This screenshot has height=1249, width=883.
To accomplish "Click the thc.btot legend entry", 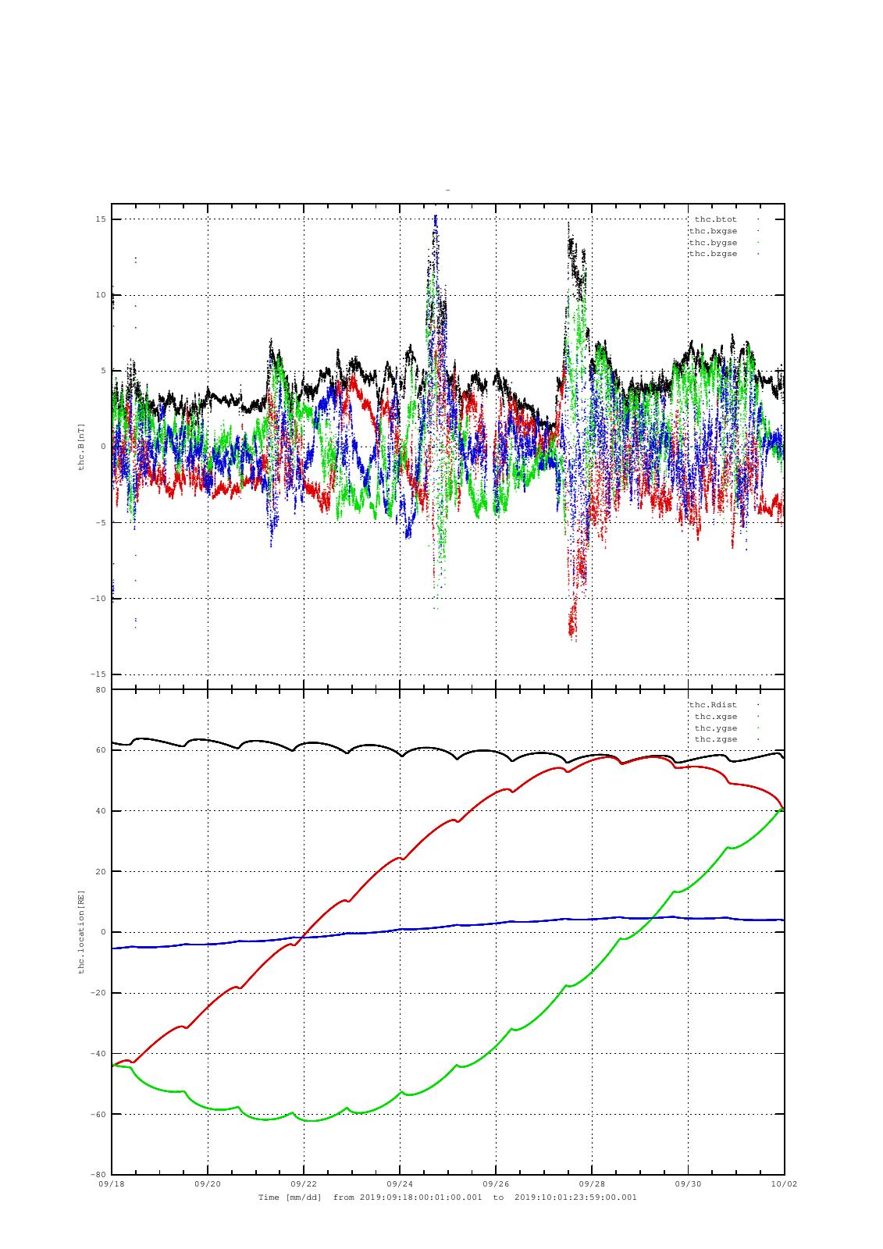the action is (x=715, y=219).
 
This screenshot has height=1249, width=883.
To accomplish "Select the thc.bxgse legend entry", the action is (x=712, y=231).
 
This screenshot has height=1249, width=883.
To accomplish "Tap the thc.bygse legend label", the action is (x=712, y=243).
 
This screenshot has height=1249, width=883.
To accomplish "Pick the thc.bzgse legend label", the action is (x=712, y=254).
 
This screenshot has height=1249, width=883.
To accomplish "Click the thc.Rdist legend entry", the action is (x=712, y=705).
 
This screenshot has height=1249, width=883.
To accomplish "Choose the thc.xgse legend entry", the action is (x=715, y=717).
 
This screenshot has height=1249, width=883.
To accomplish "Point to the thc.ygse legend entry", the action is (x=715, y=728).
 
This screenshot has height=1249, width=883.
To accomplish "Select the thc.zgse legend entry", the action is (x=715, y=739).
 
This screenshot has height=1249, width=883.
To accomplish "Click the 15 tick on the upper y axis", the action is (x=101, y=219).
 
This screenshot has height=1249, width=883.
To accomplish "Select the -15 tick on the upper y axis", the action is (x=98, y=674).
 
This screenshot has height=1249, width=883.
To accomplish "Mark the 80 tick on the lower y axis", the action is (x=101, y=690).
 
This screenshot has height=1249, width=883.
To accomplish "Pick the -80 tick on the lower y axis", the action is (x=98, y=1175).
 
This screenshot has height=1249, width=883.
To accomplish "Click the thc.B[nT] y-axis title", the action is (x=81, y=447).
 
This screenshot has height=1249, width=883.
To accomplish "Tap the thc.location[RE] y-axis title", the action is (x=81, y=932).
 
